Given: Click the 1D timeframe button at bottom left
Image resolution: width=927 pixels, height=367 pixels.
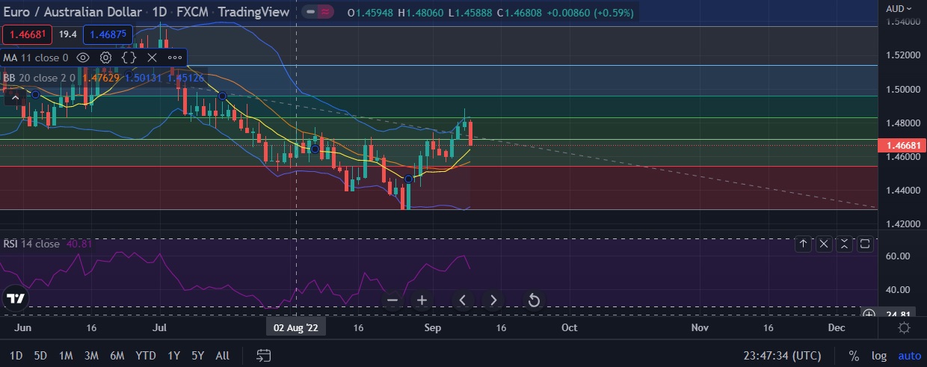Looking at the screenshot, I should [x=16, y=355].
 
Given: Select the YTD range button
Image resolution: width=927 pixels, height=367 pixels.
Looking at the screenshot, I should [x=146, y=355].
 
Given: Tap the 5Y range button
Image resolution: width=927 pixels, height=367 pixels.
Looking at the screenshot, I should [x=197, y=355].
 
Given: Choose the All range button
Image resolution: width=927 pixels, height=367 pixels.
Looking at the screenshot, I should [x=222, y=355].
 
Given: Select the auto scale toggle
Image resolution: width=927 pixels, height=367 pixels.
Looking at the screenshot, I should [x=909, y=356].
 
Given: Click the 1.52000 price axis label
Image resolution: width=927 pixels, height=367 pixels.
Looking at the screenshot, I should [x=902, y=55].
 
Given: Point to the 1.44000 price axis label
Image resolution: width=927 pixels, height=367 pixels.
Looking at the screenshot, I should [x=902, y=191].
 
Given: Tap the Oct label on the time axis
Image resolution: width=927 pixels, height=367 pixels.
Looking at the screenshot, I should [x=569, y=327].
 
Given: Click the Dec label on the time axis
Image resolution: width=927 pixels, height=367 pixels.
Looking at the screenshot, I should [x=837, y=327].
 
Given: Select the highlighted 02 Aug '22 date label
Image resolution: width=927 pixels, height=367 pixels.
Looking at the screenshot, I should [x=296, y=327].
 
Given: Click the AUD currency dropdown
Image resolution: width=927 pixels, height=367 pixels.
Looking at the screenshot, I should [x=899, y=8].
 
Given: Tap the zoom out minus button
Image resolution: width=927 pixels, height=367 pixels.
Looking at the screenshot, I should [x=393, y=300].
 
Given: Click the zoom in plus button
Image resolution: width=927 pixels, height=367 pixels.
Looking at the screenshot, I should [x=422, y=300].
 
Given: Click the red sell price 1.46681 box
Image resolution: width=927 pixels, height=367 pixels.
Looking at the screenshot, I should [x=26, y=34].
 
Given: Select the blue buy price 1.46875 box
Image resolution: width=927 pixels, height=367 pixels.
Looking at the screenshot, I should [x=108, y=34].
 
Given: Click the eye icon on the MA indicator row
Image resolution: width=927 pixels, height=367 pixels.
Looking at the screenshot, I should [x=83, y=58].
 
